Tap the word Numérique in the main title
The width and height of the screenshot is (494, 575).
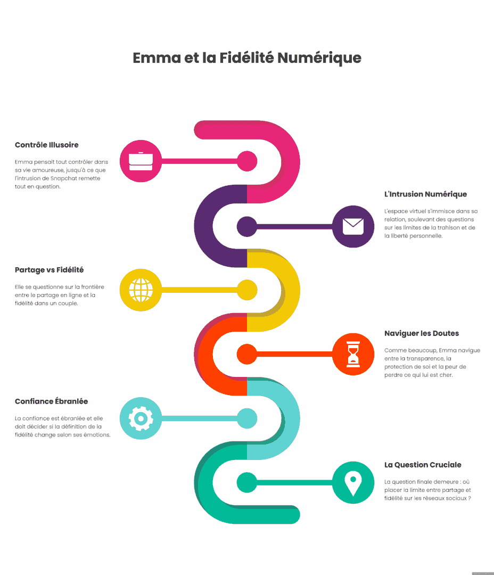point(319,59)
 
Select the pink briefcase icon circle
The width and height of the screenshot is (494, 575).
point(141,161)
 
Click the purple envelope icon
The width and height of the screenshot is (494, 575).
point(353,227)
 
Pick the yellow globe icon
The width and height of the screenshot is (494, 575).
point(141,290)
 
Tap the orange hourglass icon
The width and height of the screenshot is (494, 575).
point(353,354)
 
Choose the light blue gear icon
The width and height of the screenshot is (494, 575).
point(141,418)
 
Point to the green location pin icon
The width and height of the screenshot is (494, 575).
point(353,482)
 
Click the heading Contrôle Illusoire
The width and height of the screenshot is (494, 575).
point(46,145)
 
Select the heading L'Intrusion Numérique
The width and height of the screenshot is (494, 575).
point(425,194)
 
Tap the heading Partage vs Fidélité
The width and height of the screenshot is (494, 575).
point(49,270)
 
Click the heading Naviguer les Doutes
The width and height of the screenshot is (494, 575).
point(422,333)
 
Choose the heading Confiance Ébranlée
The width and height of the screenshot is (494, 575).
point(51,401)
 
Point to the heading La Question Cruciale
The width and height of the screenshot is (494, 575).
point(423,465)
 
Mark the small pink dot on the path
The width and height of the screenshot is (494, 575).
point(247,161)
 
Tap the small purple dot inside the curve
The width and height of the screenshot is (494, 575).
point(247,227)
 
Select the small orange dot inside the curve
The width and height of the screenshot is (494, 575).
point(247,354)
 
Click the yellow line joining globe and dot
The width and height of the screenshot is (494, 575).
point(200,290)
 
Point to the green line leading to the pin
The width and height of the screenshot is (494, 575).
point(294,482)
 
